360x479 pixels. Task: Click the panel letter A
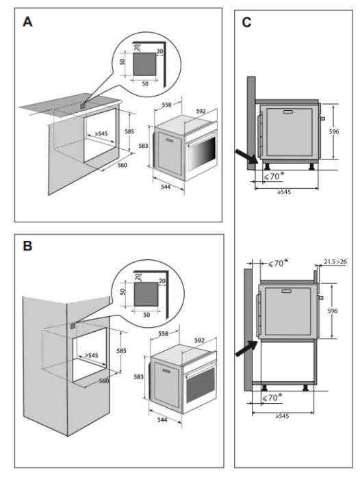pyautogui.click(x=27, y=22)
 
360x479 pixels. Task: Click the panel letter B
pyautogui.click(x=27, y=246)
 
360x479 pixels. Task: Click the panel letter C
pyautogui.click(x=246, y=23)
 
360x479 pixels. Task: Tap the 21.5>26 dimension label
pyautogui.click(x=335, y=262)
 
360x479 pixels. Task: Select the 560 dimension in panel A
pyautogui.click(x=123, y=166)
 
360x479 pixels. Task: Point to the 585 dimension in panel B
pyautogui.click(x=121, y=350)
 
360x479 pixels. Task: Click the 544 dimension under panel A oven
pyautogui.click(x=166, y=187)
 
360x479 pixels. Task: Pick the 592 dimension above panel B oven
pyautogui.click(x=199, y=340)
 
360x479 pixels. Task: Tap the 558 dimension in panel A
pyautogui.click(x=166, y=105)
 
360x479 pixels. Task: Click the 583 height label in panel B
pyautogui.click(x=138, y=377)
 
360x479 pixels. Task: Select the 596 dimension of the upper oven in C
pyautogui.click(x=334, y=131)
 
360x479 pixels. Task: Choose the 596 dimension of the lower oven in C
pyautogui.click(x=333, y=311)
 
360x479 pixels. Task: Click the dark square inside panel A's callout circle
pyautogui.click(x=144, y=64)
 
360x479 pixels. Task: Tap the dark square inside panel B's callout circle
pyautogui.click(x=146, y=294)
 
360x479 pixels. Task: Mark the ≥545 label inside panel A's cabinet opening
pyautogui.click(x=101, y=133)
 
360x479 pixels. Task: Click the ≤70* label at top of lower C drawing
pyautogui.click(x=278, y=263)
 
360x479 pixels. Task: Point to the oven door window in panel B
pyautogui.click(x=201, y=385)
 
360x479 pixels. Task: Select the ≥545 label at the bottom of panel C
pyautogui.click(x=282, y=416)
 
